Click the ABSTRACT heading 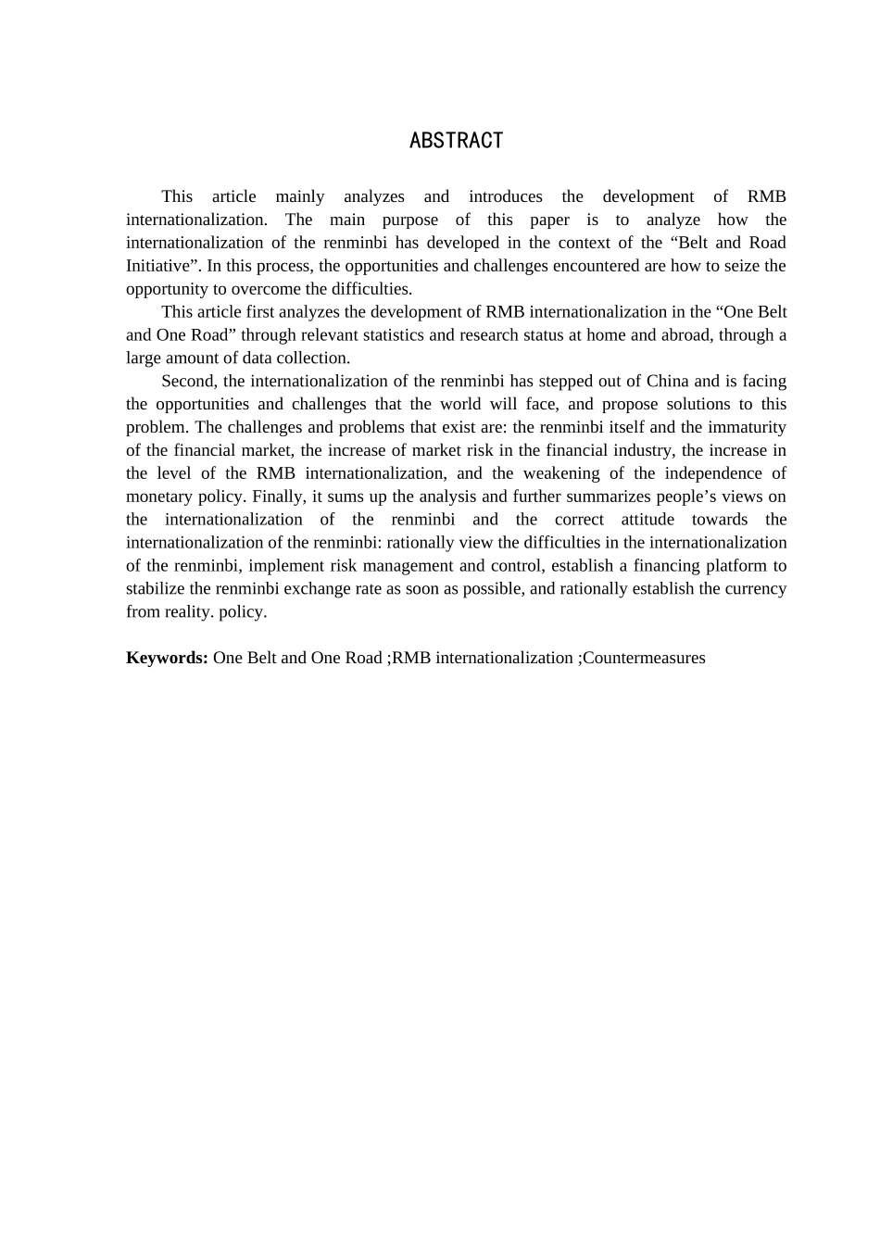tap(456, 141)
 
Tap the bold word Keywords tap(166, 658)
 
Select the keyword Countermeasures tap(644, 658)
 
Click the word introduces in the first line tap(505, 196)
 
